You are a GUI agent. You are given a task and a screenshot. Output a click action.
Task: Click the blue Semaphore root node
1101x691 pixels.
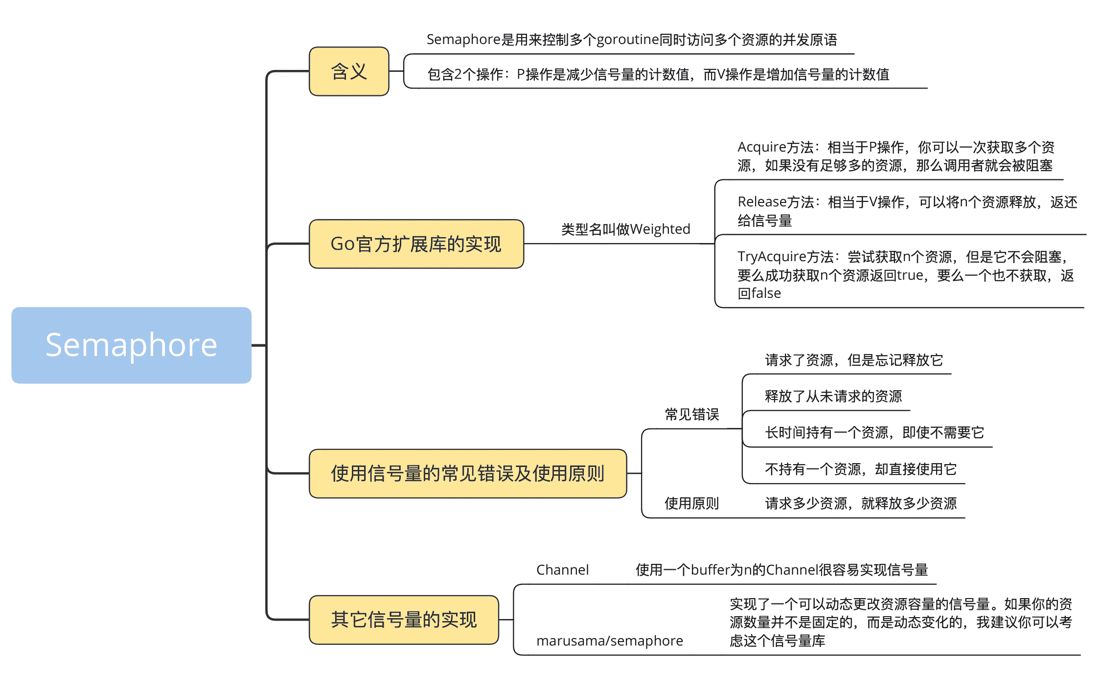pyautogui.click(x=131, y=345)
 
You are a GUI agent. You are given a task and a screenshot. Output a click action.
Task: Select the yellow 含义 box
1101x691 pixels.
pyautogui.click(x=349, y=71)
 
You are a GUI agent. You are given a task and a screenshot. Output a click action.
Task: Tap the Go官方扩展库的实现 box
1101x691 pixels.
pyautogui.click(x=416, y=244)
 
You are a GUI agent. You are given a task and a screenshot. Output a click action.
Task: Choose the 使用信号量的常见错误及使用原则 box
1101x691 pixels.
pyautogui.click(x=468, y=473)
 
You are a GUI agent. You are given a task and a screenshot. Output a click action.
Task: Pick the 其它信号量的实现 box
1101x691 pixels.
pyautogui.click(x=404, y=620)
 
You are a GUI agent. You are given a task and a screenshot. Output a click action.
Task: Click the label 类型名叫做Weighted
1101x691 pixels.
pyautogui.click(x=625, y=229)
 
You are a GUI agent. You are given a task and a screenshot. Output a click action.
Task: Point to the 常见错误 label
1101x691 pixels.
pyautogui.click(x=691, y=415)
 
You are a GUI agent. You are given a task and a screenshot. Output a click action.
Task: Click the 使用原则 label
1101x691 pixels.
pyautogui.click(x=691, y=503)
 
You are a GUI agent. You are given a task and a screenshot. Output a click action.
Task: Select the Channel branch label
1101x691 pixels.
pyautogui.click(x=562, y=570)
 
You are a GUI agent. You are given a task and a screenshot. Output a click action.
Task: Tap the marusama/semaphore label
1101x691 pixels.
pyautogui.click(x=609, y=641)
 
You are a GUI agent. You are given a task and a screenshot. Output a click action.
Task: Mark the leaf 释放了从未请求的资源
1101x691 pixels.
pyautogui.click(x=833, y=396)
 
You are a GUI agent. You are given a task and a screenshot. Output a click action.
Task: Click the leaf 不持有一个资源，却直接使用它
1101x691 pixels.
pyautogui.click(x=860, y=469)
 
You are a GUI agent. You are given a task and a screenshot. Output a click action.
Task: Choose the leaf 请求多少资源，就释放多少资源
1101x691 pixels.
pyautogui.click(x=860, y=503)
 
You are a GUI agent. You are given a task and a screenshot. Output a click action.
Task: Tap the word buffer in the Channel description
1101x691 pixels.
pyautogui.click(x=710, y=570)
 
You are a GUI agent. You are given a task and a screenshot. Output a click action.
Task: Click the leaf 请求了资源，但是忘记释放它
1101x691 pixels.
pyautogui.click(x=853, y=360)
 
